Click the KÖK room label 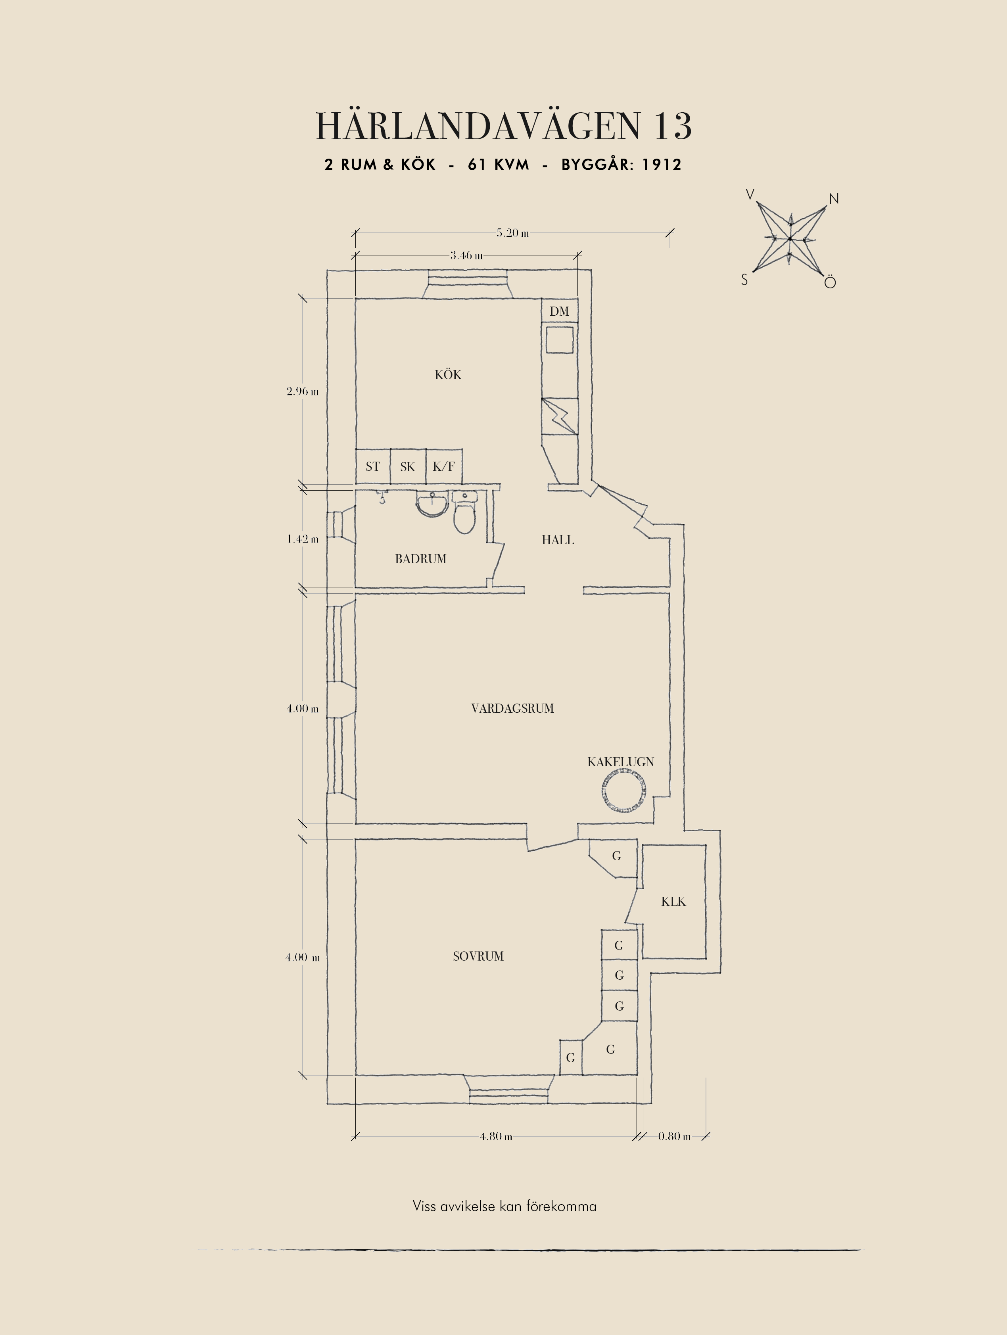click(x=448, y=375)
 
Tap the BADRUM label click(x=420, y=559)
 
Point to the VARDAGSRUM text click(x=512, y=708)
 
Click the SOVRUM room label click(x=478, y=956)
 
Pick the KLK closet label click(x=673, y=902)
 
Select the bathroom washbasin click(x=432, y=504)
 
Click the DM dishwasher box click(x=559, y=311)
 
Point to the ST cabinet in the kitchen click(x=373, y=466)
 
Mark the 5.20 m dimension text click(x=512, y=233)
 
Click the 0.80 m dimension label click(x=674, y=1136)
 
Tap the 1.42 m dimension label click(x=302, y=539)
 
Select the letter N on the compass click(x=834, y=199)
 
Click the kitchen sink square click(x=559, y=340)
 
